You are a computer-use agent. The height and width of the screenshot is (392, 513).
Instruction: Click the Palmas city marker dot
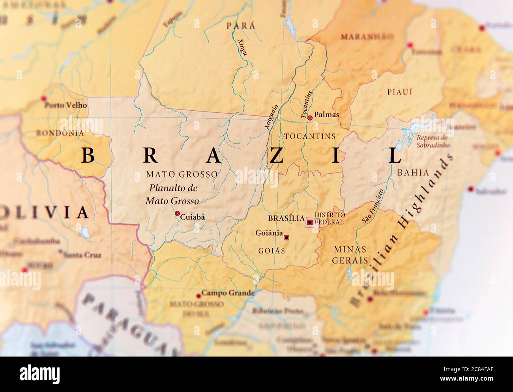click(310, 117)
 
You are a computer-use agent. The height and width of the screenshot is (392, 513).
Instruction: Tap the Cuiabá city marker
click(177, 213)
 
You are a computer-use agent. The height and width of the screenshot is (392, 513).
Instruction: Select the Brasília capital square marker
click(310, 223)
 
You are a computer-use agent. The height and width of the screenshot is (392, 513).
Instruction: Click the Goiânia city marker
click(286, 238)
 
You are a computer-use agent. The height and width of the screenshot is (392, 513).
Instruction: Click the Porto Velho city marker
click(44, 98)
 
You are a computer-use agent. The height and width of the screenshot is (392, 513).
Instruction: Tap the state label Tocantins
click(309, 136)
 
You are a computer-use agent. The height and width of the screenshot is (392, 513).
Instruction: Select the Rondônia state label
click(60, 133)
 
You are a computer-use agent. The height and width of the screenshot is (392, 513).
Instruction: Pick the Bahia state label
click(413, 172)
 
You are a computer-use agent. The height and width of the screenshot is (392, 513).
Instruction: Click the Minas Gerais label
click(350, 255)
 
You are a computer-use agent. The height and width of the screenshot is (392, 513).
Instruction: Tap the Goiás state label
click(271, 251)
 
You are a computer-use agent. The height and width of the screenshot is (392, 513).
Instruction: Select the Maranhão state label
click(367, 37)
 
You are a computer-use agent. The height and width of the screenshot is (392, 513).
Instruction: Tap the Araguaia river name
click(272, 117)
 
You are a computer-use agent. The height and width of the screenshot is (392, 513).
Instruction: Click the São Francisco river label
click(373, 207)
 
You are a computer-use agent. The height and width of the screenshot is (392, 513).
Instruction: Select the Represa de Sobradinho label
click(432, 141)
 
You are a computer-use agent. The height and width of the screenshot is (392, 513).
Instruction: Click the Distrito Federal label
click(330, 218)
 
